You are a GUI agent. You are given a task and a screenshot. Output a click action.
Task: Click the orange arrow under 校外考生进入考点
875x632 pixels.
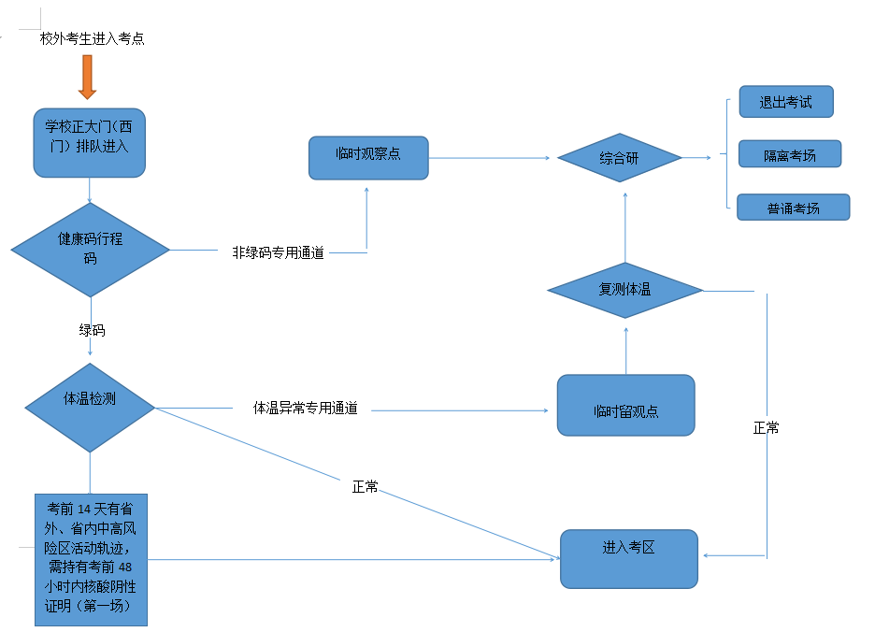point(87,77)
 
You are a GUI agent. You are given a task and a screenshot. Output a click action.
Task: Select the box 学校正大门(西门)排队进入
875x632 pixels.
point(89,142)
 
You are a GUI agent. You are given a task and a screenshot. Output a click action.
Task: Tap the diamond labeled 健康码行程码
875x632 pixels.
point(91,250)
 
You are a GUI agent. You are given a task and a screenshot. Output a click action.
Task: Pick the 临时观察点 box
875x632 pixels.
point(368,157)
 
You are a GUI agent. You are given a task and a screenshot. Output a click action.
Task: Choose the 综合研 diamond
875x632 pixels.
point(620,158)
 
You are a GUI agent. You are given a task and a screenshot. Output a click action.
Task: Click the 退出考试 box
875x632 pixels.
point(785,102)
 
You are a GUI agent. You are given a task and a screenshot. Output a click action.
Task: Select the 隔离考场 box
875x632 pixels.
point(790,154)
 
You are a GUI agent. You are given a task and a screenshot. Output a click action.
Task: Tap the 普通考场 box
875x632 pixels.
point(793,208)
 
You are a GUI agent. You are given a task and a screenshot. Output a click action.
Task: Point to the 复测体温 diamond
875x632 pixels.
point(624,290)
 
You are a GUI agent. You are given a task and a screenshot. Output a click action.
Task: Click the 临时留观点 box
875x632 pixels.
point(625,406)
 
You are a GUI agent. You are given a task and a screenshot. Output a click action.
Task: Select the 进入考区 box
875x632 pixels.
point(629,558)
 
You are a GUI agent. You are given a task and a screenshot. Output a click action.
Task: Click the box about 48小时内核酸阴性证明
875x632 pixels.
point(91,559)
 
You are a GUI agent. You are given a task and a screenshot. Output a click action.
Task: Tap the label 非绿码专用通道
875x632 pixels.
point(279,252)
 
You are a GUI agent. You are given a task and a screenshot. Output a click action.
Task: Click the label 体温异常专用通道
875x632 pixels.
point(306,409)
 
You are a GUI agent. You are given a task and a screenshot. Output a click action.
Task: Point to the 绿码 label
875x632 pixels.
point(92,330)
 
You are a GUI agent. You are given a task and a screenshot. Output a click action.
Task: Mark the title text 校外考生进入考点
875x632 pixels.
point(92,39)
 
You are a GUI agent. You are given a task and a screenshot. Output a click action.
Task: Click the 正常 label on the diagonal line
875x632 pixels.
point(366,486)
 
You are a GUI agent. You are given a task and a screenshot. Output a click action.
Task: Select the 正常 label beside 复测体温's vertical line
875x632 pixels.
point(767,427)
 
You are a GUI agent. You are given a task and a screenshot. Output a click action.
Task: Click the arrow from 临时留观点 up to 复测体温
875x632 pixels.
point(625,346)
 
